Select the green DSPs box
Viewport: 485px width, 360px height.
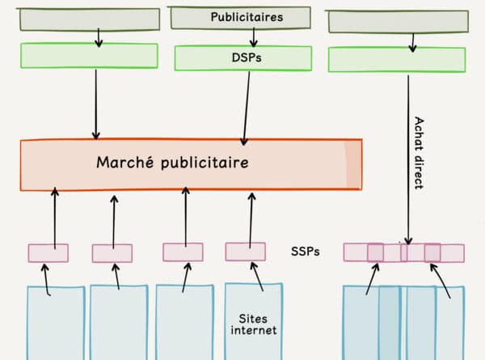(x=242, y=58)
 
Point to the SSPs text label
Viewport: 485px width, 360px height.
(x=306, y=251)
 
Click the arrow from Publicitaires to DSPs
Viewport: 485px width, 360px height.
(x=254, y=36)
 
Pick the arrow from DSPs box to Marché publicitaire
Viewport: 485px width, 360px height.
(x=244, y=105)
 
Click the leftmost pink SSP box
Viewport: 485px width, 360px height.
(x=48, y=252)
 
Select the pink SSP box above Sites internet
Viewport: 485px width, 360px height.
(x=245, y=252)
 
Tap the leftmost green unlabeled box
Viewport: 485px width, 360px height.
(x=89, y=55)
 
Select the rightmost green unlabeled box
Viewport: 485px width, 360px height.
(x=396, y=59)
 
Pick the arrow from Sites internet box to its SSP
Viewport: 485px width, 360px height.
(x=257, y=275)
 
